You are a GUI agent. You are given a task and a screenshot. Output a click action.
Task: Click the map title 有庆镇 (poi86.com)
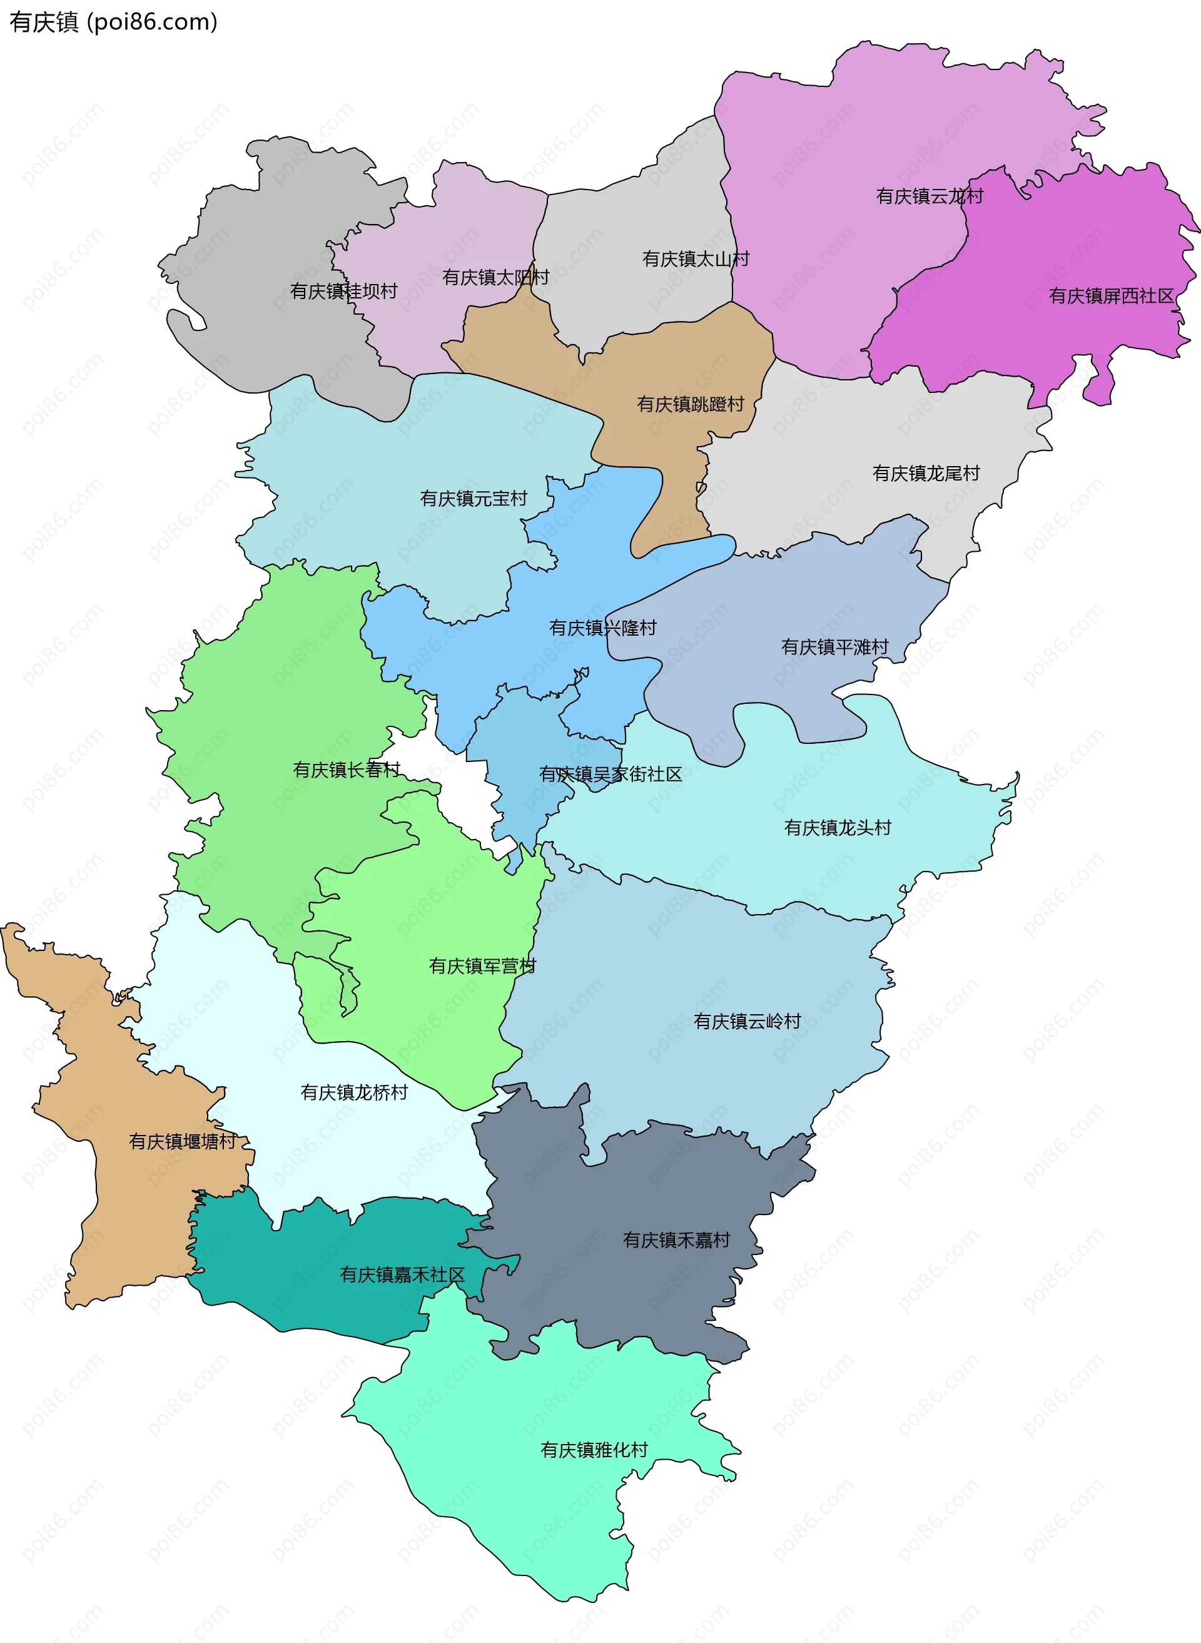113,23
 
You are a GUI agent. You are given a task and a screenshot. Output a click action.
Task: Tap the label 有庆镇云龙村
929,196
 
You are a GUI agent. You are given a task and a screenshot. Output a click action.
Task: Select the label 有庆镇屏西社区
1111,296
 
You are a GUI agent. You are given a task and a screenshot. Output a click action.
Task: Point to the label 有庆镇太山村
696,259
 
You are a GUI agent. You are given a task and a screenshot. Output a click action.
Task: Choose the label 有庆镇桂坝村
344,291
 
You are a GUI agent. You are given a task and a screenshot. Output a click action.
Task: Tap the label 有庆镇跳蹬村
691,404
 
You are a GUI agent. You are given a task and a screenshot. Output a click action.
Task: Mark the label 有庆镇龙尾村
926,473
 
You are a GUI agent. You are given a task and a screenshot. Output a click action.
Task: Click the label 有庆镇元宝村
474,499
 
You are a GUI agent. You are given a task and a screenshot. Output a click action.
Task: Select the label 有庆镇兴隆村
602,628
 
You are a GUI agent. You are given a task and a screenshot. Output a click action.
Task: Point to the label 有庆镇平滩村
834,647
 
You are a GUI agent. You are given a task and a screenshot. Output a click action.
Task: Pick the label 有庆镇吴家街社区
611,774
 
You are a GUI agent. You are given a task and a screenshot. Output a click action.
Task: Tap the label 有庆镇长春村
347,770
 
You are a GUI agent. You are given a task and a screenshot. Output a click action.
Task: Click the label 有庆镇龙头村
838,827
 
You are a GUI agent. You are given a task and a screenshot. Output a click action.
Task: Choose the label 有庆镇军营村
482,966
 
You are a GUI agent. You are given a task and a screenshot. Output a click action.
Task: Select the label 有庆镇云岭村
747,1022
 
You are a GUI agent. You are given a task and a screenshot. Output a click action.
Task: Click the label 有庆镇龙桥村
354,1092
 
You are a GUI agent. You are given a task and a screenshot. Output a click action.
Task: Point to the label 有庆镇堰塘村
183,1141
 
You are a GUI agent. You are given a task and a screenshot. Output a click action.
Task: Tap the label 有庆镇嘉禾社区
402,1274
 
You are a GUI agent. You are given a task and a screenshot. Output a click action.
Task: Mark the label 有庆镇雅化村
594,1450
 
